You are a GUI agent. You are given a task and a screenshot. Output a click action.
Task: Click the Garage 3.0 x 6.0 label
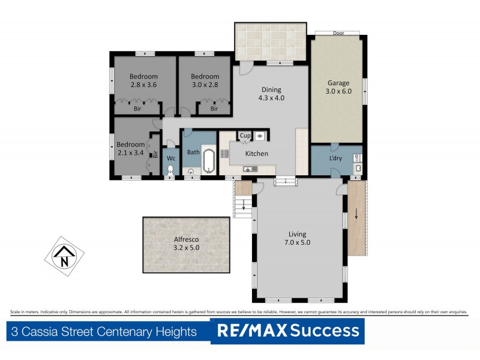pyautogui.click(x=338, y=87)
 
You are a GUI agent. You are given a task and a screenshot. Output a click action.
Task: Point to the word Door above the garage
pyautogui.click(x=338, y=34)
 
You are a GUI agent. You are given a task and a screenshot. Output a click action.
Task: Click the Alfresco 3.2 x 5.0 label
pyautogui.click(x=186, y=243)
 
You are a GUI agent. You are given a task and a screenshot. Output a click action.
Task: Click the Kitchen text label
pyautogui.click(x=257, y=154)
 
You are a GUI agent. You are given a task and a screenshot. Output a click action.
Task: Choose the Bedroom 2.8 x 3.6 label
pyautogui.click(x=143, y=80)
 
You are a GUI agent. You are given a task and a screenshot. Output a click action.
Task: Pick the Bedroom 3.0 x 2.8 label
pyautogui.click(x=205, y=80)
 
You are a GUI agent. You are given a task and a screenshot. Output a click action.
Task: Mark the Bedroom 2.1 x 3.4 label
pyautogui.click(x=131, y=149)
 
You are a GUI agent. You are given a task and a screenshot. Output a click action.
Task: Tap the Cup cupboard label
pyautogui.click(x=245, y=136)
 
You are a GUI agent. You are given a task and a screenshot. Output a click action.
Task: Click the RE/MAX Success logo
pyautogui.click(x=287, y=331)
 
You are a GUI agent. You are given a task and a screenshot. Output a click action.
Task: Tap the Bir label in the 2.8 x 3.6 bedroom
pyautogui.click(x=137, y=109)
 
